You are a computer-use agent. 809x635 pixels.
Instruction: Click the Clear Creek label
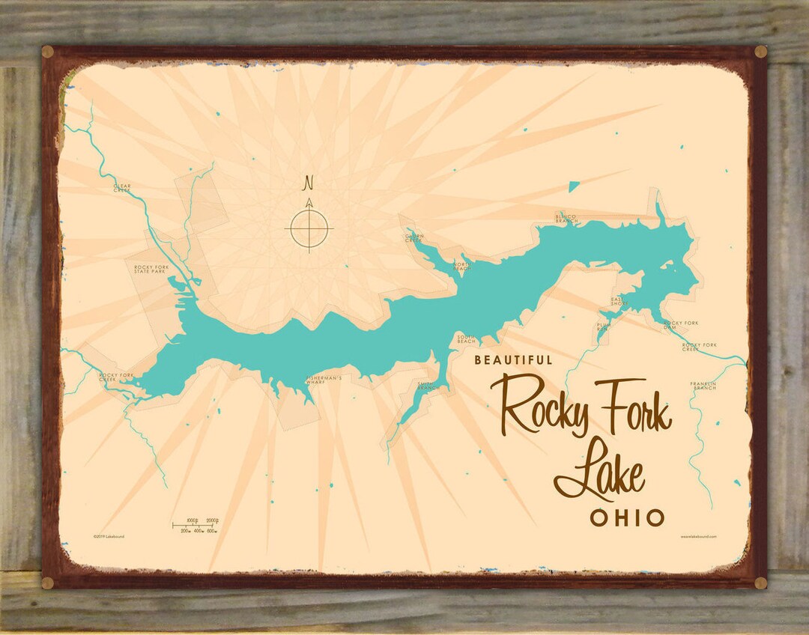122,187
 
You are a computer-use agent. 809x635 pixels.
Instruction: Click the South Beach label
466,339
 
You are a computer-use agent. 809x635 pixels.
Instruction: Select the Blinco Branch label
566,219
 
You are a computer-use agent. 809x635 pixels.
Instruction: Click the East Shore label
619,302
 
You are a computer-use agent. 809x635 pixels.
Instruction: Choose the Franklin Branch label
703,386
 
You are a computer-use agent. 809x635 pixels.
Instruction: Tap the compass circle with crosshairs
309,227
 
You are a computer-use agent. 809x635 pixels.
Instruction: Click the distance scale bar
196,525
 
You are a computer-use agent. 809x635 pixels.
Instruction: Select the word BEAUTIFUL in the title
514,360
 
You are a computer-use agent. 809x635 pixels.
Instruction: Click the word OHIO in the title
627,517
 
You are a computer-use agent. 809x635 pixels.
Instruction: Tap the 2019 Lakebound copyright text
109,536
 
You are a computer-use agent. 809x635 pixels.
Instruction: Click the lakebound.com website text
699,536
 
